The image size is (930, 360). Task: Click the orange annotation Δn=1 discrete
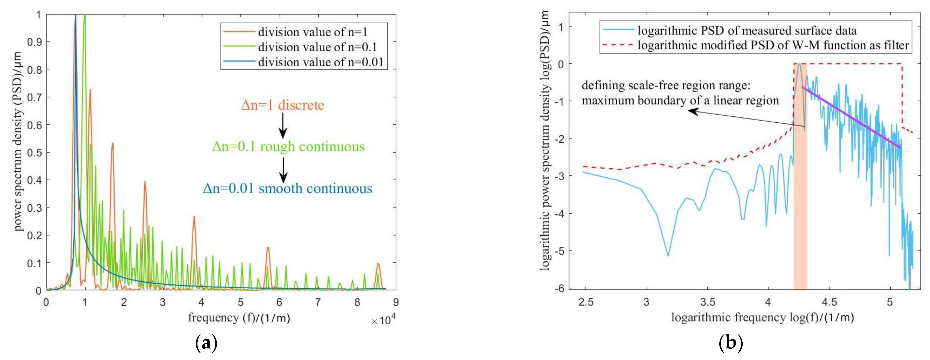pos(283,105)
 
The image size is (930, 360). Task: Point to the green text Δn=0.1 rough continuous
pos(288,147)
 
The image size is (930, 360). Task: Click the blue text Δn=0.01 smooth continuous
pos(287,189)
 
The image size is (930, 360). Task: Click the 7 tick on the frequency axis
pos(318,302)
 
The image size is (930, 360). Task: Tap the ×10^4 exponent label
pos(383,320)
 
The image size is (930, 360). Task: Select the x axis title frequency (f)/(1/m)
pos(239,318)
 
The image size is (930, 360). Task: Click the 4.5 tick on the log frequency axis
pos(829,302)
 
